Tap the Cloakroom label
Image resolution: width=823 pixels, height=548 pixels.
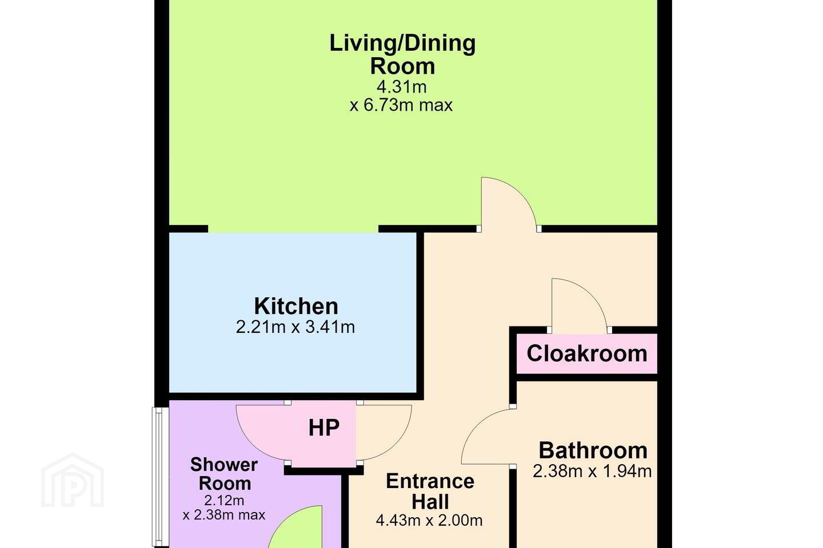click(587, 353)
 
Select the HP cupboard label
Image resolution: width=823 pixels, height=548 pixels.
click(323, 428)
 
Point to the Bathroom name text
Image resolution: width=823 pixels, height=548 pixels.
click(593, 450)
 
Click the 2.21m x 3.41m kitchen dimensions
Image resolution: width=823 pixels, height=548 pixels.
click(295, 327)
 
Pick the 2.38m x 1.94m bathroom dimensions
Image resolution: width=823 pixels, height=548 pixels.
click(592, 471)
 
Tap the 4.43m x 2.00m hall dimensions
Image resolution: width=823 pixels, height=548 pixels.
click(429, 520)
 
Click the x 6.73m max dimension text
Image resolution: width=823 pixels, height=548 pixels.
click(401, 106)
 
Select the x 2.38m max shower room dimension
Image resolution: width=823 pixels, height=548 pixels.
click(224, 514)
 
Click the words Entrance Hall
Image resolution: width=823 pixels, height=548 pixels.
click(430, 491)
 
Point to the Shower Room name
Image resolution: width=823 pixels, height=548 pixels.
click(224, 474)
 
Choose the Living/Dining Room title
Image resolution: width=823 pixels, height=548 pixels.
click(402, 54)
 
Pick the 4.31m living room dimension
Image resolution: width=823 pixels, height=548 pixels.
click(402, 87)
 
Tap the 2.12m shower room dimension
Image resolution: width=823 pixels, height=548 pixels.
click(224, 500)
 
